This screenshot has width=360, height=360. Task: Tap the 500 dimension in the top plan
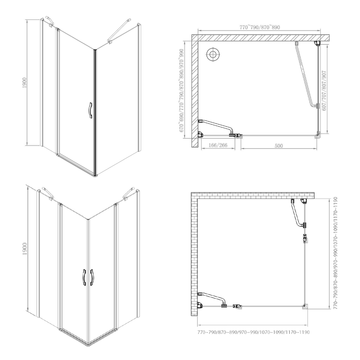(x=279, y=145)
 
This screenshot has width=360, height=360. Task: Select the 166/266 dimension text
(x=218, y=145)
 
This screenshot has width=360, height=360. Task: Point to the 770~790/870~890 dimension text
(x=260, y=27)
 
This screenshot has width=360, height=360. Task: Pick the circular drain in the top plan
(x=213, y=54)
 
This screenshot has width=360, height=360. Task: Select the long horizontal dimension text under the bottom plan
(x=253, y=332)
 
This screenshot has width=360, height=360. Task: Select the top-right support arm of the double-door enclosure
(x=129, y=193)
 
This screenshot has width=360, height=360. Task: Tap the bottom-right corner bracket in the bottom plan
(x=305, y=307)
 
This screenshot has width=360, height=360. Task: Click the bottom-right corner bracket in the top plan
(x=318, y=135)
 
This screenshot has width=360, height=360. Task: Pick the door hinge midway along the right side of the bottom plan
(x=305, y=239)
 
